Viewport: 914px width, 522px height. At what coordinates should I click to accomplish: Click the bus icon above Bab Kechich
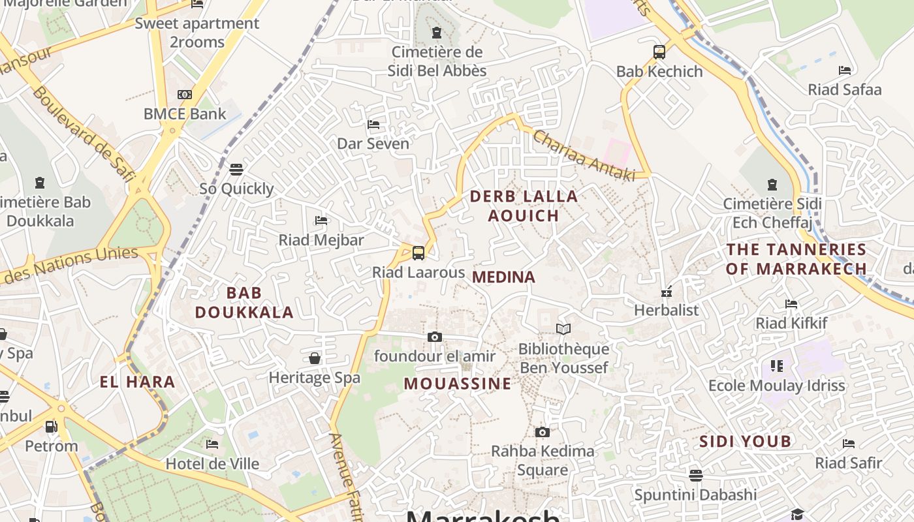(x=659, y=52)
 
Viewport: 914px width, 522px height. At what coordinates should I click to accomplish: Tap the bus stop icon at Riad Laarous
(x=418, y=253)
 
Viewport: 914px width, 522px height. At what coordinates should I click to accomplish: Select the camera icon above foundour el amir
(x=435, y=337)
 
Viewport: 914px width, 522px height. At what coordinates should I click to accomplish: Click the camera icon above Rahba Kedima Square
(x=542, y=432)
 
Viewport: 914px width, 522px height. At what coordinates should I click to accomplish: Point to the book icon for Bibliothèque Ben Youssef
(x=563, y=330)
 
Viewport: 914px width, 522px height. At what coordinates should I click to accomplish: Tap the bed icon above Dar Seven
(x=373, y=124)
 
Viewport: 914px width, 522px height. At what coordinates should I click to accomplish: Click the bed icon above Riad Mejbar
(x=321, y=221)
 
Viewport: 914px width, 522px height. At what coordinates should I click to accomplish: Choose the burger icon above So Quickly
(x=236, y=170)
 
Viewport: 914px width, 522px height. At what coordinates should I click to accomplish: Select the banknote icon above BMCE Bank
(x=185, y=95)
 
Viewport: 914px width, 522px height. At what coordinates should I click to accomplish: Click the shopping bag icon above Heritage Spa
(x=315, y=358)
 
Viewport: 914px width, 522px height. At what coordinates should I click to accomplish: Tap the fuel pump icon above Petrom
(x=51, y=427)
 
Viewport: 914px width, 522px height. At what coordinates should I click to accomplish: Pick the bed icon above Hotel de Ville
(x=212, y=444)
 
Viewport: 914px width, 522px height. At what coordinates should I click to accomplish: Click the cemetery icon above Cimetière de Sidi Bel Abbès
(x=437, y=33)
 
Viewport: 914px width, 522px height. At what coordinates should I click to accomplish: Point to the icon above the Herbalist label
(x=667, y=291)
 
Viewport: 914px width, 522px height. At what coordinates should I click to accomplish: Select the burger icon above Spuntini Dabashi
(x=696, y=475)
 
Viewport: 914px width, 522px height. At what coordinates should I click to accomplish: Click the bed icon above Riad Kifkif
(x=791, y=303)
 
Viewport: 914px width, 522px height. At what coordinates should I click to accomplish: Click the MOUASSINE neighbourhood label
(x=458, y=384)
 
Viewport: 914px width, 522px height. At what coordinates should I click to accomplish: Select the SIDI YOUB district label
(x=746, y=442)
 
